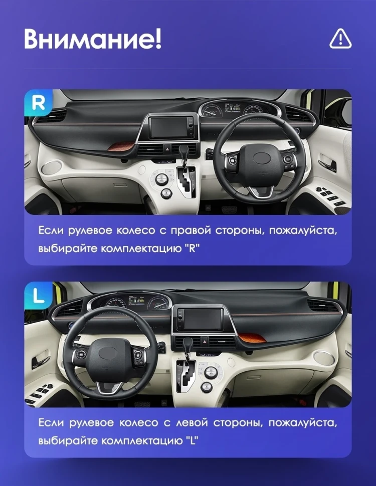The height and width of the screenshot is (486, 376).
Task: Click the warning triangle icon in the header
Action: [340, 39]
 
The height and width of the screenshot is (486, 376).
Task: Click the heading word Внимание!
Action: [93, 39]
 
